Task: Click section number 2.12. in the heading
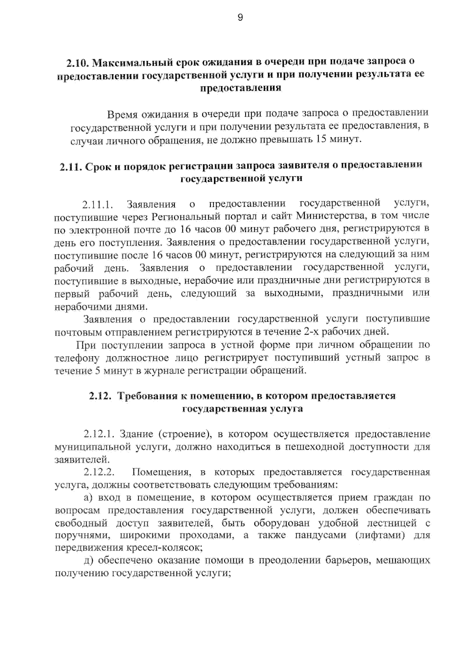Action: coord(100,396)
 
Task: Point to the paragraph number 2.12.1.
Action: coord(98,434)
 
